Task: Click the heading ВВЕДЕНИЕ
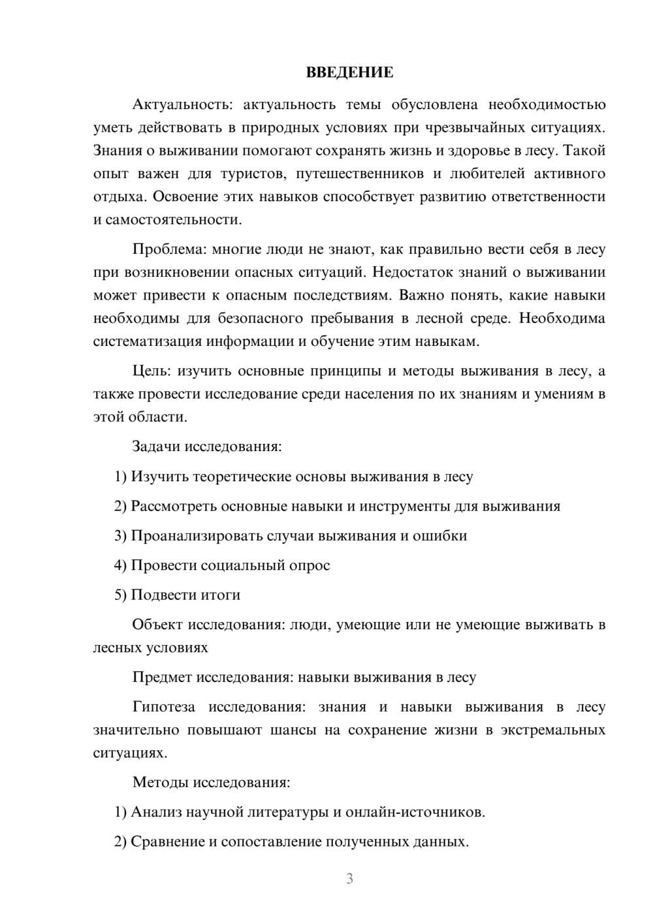pyautogui.click(x=349, y=72)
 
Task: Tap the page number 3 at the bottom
pyautogui.click(x=349, y=879)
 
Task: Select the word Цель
pyautogui.click(x=151, y=371)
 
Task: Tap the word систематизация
pyautogui.click(x=148, y=341)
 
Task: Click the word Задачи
pyautogui.click(x=156, y=447)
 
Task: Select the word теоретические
pyautogui.click(x=242, y=477)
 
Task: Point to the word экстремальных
pyautogui.click(x=553, y=730)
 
